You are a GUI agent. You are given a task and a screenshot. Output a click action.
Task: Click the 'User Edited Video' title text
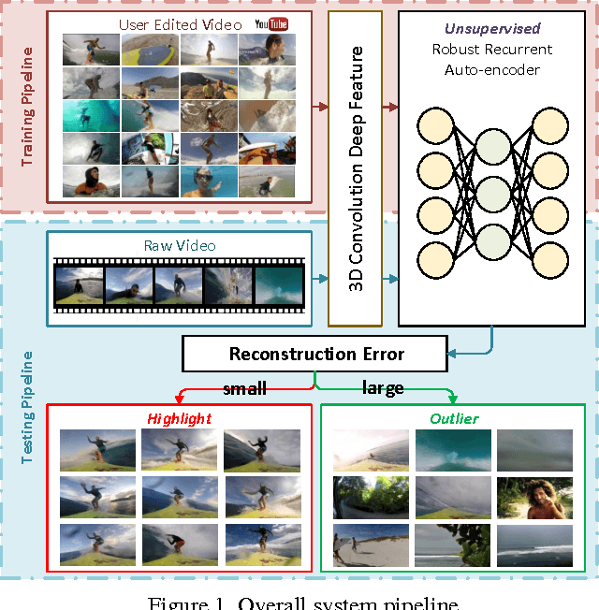pyautogui.click(x=180, y=23)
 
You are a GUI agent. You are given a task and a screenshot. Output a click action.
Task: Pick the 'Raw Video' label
pyautogui.click(x=180, y=245)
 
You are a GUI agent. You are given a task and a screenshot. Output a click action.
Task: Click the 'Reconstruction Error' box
pyautogui.click(x=316, y=354)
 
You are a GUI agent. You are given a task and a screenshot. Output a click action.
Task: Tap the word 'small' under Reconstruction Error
pyautogui.click(x=244, y=386)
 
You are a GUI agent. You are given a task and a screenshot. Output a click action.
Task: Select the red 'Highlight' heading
pyautogui.click(x=179, y=418)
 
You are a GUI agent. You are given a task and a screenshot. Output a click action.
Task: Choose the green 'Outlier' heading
pyautogui.click(x=453, y=418)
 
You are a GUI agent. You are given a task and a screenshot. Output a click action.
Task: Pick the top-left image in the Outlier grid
pyautogui.click(x=361, y=450)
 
